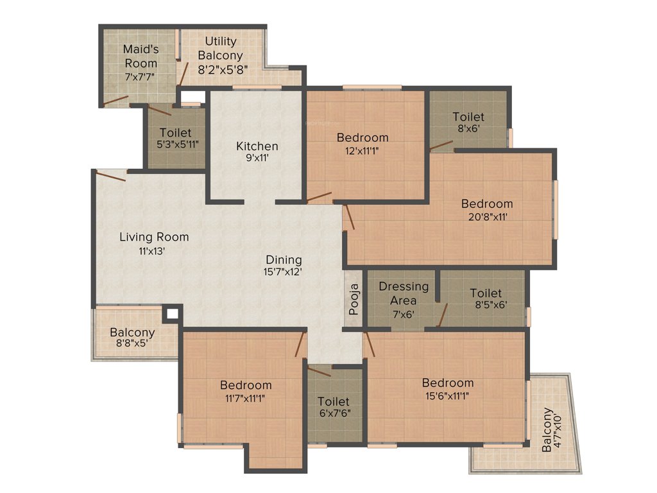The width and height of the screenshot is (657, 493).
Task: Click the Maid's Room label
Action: (x=141, y=56)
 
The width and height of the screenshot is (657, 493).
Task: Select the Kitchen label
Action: (x=257, y=146)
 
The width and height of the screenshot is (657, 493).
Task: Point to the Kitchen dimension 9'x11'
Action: (x=257, y=159)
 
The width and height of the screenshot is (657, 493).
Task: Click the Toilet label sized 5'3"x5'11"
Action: (x=176, y=132)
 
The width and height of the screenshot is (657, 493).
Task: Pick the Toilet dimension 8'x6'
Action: (x=468, y=128)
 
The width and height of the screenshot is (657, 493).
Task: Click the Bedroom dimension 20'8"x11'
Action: (x=487, y=216)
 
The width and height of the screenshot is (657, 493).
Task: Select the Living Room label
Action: (x=154, y=237)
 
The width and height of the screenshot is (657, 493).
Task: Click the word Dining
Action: (x=284, y=259)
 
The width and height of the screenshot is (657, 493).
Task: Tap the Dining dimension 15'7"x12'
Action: (x=284, y=272)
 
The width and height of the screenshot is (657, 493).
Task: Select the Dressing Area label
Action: (x=404, y=293)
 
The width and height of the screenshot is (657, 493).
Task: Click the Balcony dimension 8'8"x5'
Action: (x=132, y=345)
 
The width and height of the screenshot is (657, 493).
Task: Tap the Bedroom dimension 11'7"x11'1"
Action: (x=245, y=397)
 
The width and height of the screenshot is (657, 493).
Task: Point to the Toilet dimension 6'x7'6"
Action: (x=334, y=413)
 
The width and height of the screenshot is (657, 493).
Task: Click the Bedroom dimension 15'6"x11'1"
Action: (x=448, y=395)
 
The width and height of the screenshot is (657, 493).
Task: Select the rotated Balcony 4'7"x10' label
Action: (x=551, y=429)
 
